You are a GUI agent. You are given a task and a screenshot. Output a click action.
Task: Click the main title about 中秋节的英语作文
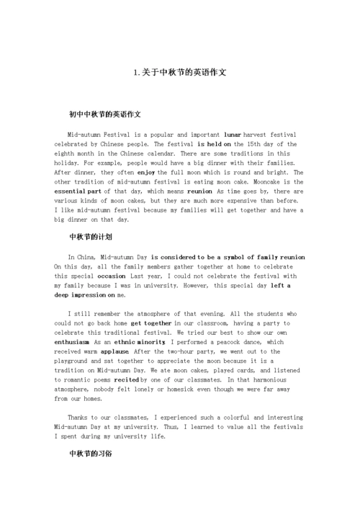(x=180, y=73)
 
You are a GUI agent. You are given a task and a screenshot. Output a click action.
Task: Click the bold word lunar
(x=233, y=135)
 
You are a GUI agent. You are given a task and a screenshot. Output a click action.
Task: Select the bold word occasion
(x=112, y=276)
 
